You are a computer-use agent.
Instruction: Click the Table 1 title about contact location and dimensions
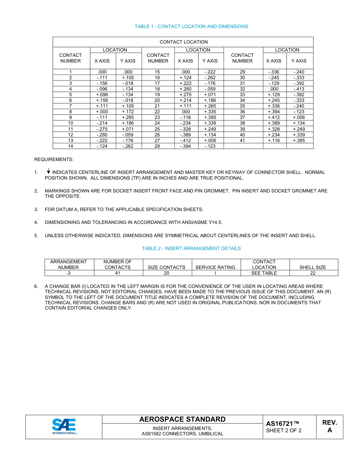coord(191,27)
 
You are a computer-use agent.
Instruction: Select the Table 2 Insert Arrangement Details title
coord(191,249)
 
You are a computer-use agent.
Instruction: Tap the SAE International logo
coord(64,427)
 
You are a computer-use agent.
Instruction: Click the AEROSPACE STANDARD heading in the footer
coord(182,419)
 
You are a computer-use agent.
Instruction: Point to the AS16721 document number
coord(283,424)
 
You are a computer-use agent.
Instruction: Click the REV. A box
coord(330,427)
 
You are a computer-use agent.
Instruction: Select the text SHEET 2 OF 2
coord(284,431)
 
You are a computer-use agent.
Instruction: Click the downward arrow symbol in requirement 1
coord(49,172)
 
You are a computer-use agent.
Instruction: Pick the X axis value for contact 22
coord(186,112)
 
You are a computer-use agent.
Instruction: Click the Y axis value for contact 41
coord(299,140)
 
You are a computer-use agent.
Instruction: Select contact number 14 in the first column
coord(70,146)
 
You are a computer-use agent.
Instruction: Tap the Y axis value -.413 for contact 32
coord(299,89)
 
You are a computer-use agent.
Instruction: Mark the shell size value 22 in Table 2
coord(313,273)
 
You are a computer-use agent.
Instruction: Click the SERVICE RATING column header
coord(215,267)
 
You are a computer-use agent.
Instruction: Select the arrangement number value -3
coord(69,273)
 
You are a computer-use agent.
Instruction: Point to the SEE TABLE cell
coord(264,273)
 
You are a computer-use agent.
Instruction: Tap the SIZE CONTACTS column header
coord(166,267)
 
